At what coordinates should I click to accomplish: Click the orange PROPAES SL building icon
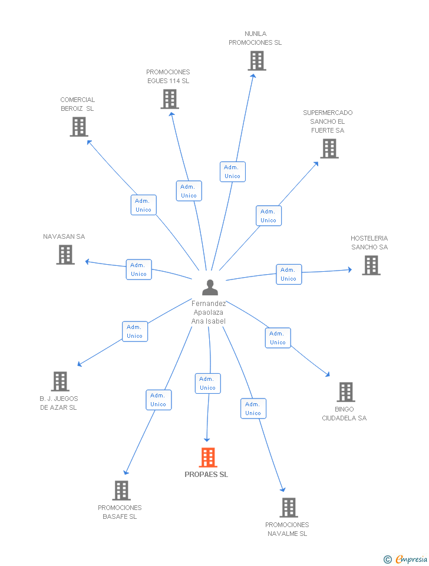208,458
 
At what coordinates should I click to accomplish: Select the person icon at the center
210,287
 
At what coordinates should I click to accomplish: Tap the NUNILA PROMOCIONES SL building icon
257,60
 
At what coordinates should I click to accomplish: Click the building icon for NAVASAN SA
65,255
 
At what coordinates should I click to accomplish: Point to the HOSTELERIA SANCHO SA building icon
371,265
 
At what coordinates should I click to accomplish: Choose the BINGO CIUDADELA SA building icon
346,392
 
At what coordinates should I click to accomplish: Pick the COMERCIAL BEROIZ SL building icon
79,127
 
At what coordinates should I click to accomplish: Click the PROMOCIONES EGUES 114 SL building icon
170,99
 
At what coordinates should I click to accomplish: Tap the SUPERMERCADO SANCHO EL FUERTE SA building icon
329,149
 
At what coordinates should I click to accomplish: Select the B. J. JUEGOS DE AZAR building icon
60,381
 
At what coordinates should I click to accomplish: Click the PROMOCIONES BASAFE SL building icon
121,490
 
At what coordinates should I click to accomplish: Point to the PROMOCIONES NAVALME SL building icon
289,508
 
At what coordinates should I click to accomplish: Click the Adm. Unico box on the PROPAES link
208,383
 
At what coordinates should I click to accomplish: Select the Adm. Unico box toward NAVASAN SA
139,269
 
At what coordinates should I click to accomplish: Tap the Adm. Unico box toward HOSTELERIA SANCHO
289,274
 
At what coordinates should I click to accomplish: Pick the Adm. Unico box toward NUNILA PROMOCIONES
233,172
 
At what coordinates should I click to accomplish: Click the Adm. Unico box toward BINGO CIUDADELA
278,338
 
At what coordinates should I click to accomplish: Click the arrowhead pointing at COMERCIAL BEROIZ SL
89,142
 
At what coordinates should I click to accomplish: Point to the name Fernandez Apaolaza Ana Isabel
209,312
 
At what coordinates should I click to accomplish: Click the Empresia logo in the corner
405,560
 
